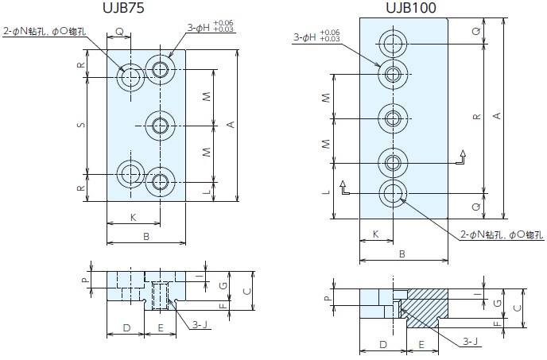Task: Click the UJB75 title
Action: coord(126,10)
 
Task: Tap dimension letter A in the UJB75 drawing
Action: coord(231,125)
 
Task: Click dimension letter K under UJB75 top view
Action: coord(133,217)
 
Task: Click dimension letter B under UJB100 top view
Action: coord(402,254)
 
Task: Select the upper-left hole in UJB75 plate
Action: coord(130,77)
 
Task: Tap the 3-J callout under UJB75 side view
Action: coord(202,324)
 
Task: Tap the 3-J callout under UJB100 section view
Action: coord(472,342)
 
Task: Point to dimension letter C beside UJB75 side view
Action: coord(247,291)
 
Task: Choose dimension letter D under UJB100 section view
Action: coord(382,345)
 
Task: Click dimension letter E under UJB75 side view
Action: coord(161,327)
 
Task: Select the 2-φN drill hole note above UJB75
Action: coord(45,32)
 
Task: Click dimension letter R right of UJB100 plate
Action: coord(475,117)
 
